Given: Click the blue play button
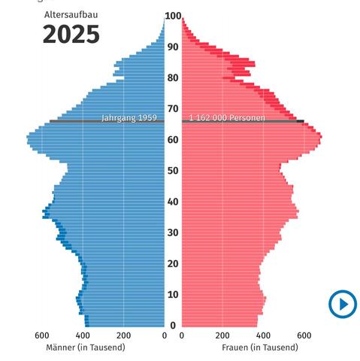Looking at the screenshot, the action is (x=343, y=304).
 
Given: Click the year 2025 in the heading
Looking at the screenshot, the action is (x=71, y=34).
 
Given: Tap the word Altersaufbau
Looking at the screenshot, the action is (x=71, y=15).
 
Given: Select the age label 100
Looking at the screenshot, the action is (x=173, y=16).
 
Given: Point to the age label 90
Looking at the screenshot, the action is (x=173, y=47).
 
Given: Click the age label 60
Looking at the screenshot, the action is (x=173, y=140).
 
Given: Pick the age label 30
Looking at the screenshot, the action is (x=173, y=232).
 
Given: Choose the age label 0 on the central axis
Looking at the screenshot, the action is (x=173, y=326).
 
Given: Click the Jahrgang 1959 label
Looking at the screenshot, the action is (x=129, y=118).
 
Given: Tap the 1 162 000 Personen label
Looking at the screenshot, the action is (x=227, y=117).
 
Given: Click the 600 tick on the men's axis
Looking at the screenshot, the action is (x=42, y=335).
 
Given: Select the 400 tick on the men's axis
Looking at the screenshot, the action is (x=83, y=335).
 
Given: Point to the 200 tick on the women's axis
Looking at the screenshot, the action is (x=222, y=335).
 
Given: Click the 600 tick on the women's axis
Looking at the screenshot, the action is (x=304, y=335).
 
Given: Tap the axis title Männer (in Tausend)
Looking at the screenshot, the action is (x=86, y=347).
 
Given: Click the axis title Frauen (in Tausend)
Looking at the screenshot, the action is (x=260, y=347).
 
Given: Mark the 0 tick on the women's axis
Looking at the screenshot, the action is (x=182, y=335).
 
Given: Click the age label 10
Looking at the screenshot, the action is (x=173, y=295).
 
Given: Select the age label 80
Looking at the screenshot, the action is (x=173, y=77).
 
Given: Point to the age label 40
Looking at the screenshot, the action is (x=173, y=202).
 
